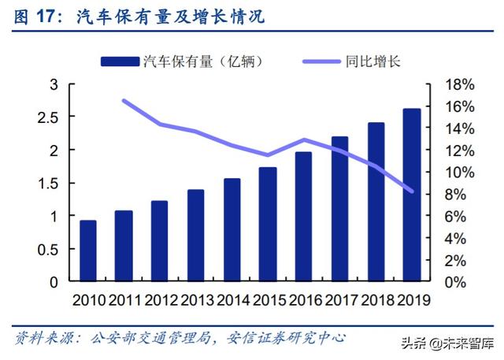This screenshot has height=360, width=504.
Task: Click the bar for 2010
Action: coord(88,251)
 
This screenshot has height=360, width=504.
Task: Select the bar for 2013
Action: coord(196,236)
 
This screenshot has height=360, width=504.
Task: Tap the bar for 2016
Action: coord(303,217)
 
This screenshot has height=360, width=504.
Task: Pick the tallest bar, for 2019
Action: coord(411,195)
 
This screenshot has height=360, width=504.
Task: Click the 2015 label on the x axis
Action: coord(268,299)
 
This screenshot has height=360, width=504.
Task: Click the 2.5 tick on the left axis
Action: coord(50,117)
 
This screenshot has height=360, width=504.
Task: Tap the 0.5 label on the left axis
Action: coord(50,249)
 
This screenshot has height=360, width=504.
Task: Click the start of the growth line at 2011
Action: coord(124,101)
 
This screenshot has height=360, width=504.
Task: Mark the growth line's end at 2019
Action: coord(411,191)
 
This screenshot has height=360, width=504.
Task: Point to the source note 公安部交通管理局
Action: coord(149,340)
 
